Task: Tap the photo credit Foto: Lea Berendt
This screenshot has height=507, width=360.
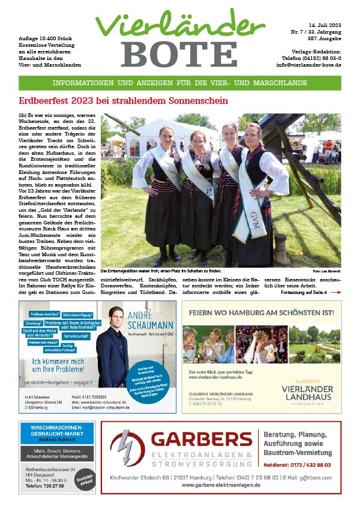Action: (x=327, y=272)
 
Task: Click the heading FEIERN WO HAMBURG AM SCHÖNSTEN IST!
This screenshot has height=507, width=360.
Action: (x=261, y=313)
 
